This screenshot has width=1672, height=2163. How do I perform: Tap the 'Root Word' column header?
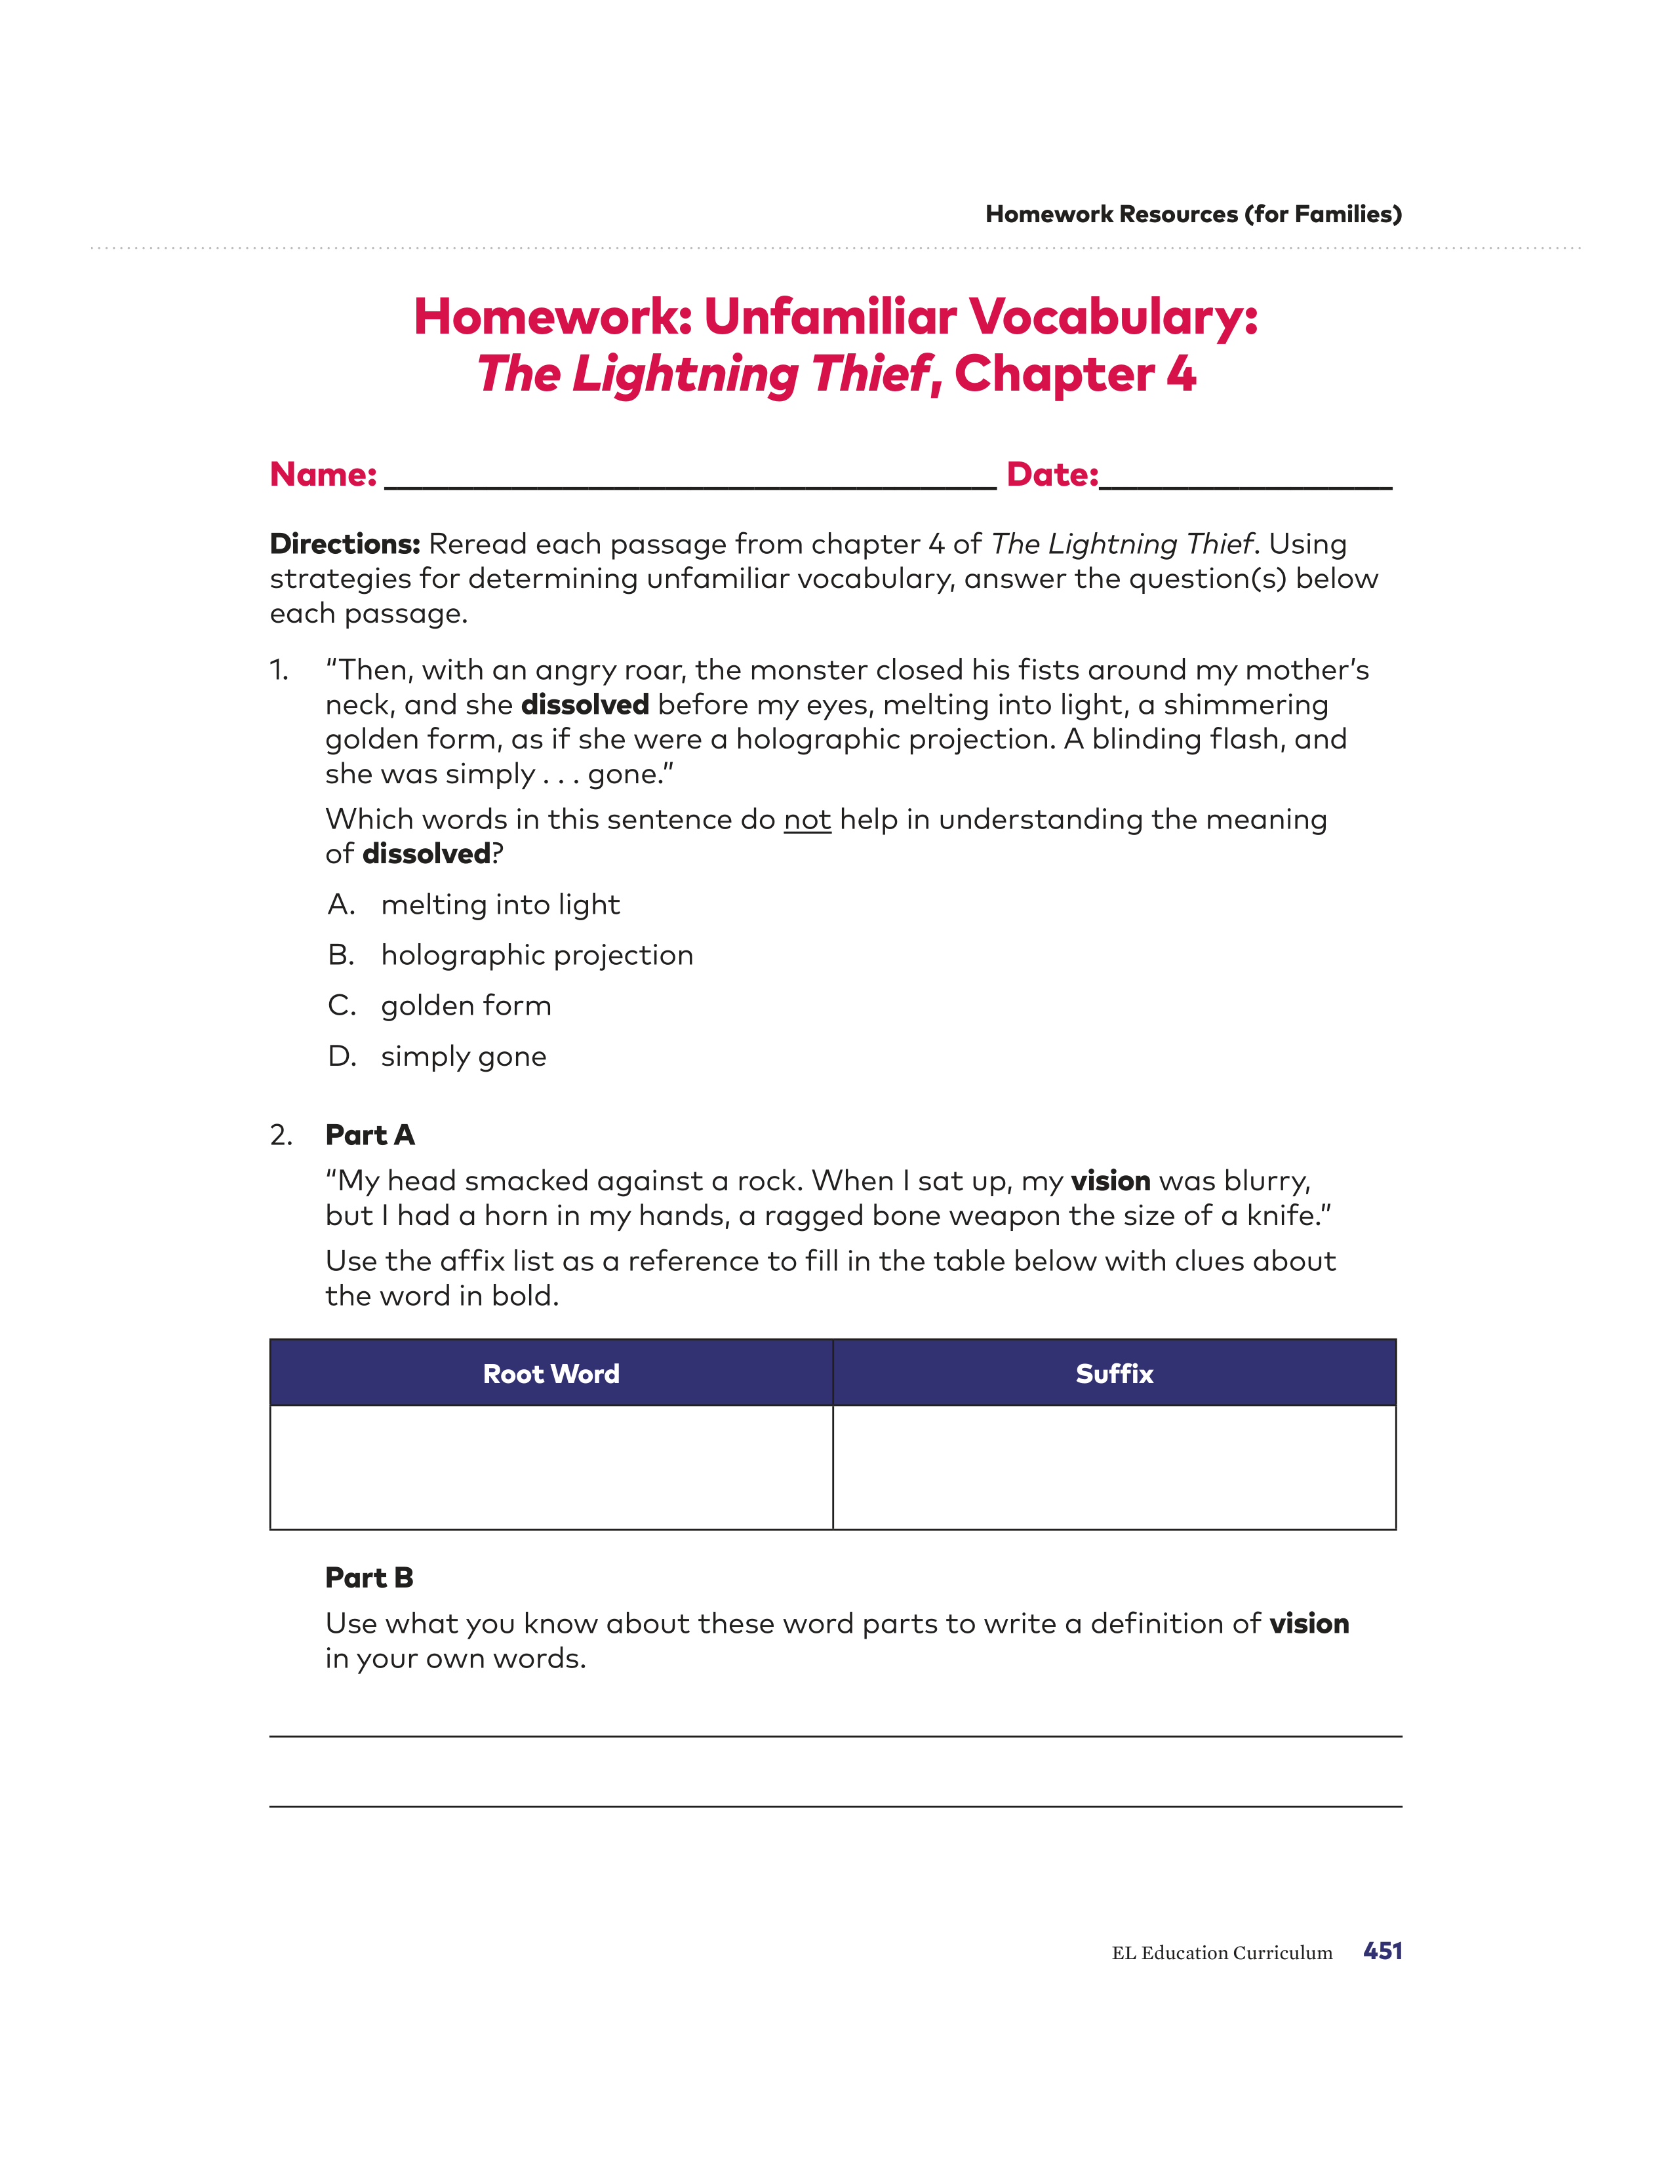[x=551, y=1374]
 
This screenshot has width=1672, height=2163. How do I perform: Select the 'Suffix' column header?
[x=1114, y=1374]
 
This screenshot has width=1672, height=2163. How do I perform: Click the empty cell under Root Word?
[x=551, y=1467]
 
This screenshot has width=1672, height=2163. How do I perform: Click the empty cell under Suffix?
[x=1114, y=1467]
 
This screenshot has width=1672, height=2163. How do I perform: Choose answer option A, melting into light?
[x=500, y=905]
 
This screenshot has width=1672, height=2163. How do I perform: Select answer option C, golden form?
[x=466, y=1005]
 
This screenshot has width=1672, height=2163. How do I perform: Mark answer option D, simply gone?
[x=462, y=1056]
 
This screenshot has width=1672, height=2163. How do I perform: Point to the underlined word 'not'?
[x=807, y=820]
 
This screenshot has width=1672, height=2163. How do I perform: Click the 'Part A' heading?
[x=369, y=1135]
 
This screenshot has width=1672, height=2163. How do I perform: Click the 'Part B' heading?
[x=368, y=1578]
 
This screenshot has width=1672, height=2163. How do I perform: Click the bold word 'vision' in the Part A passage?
[x=1110, y=1180]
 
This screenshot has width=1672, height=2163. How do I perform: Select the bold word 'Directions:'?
[x=345, y=544]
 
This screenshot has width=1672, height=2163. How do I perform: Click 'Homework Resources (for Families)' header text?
[x=1193, y=214]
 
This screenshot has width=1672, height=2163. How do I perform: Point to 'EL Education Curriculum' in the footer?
[x=1222, y=1953]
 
